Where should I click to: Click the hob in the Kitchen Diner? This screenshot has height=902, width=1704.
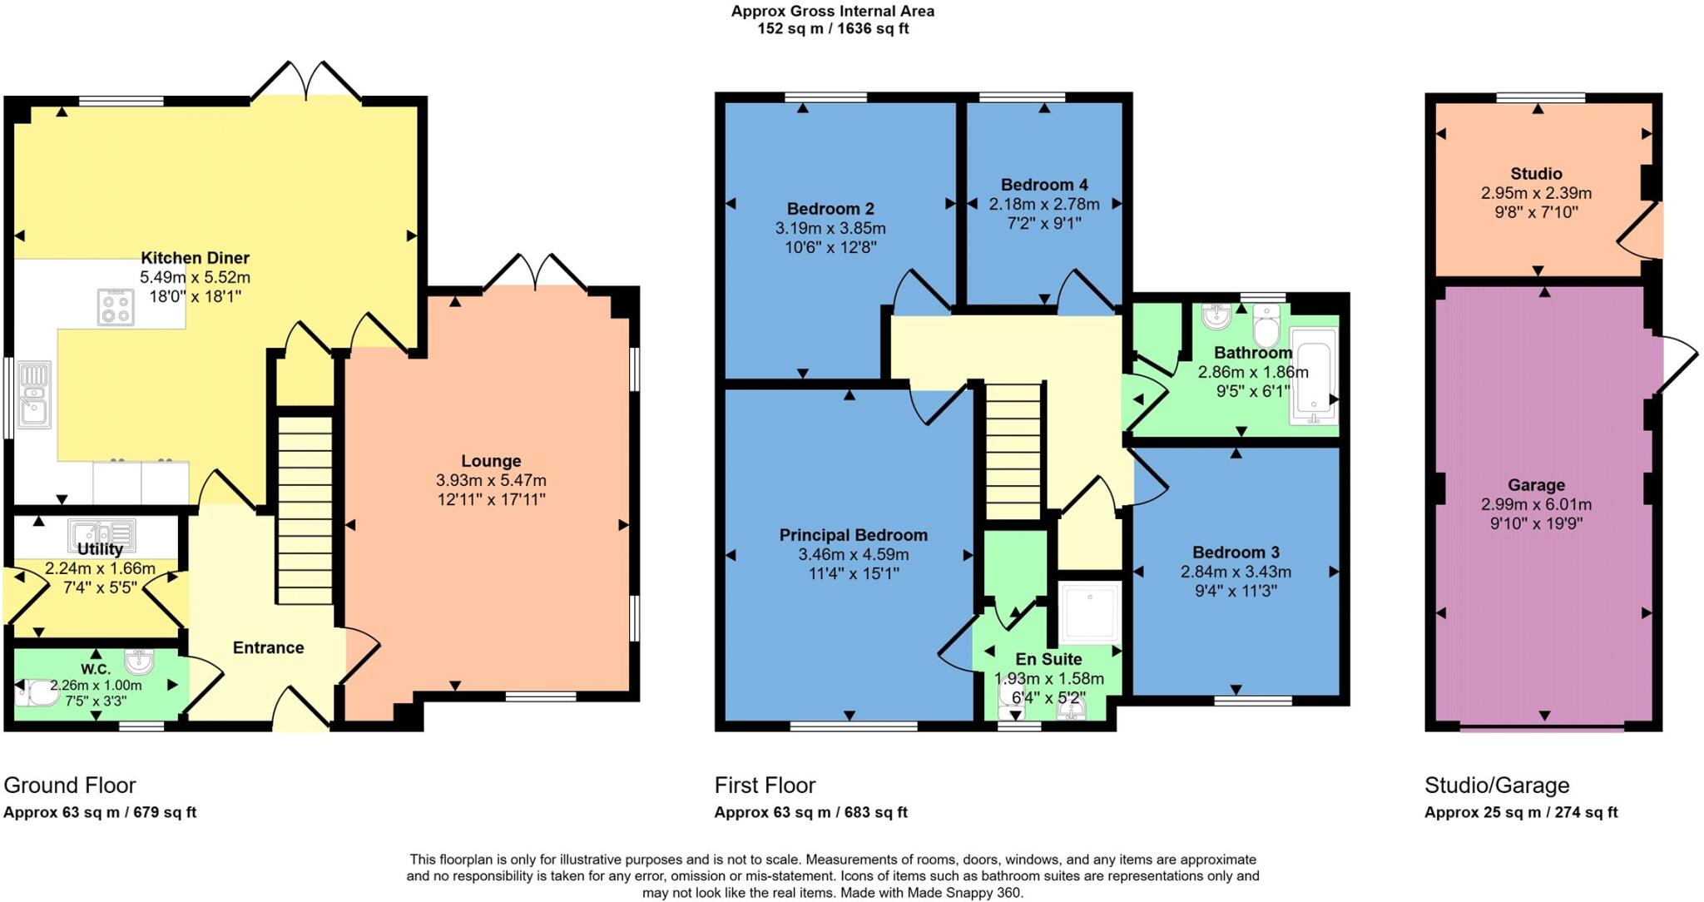click(116, 307)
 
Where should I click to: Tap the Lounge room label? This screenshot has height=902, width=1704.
click(491, 461)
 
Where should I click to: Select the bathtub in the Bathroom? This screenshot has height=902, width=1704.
click(1314, 376)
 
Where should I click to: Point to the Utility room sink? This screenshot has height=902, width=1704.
click(102, 533)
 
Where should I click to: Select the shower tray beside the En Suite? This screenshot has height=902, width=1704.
click(1089, 612)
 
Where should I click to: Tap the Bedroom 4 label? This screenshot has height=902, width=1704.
click(1044, 185)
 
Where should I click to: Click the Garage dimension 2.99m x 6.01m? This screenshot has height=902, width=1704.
click(1536, 504)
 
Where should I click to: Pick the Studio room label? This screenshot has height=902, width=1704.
click(1536, 174)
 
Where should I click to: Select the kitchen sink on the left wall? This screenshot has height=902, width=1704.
click(34, 394)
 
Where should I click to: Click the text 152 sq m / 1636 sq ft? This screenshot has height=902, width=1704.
click(832, 29)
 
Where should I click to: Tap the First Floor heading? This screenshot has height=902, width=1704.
click(765, 785)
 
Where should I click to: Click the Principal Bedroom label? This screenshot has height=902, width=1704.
click(853, 535)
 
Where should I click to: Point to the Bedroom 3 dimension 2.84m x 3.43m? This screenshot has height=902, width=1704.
click(1236, 572)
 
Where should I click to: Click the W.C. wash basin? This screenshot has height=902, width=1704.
click(139, 662)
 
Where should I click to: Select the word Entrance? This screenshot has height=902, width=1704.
click(268, 647)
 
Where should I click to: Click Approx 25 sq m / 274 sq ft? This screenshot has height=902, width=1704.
click(1520, 812)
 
